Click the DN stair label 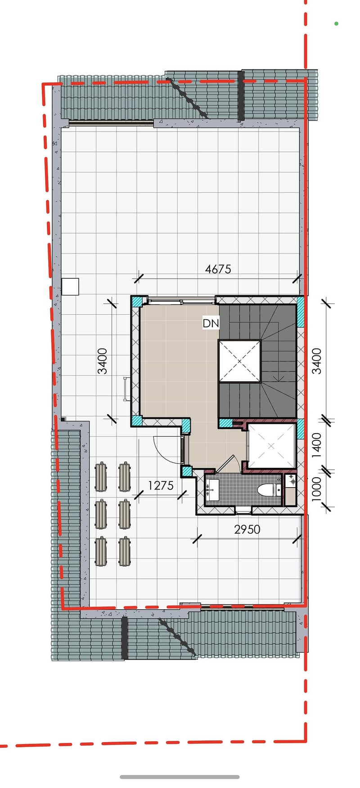[211, 323]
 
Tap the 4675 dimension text [218, 269]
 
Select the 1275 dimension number [161, 485]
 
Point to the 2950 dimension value [247, 529]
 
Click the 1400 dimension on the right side [317, 445]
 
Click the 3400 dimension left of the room [103, 361]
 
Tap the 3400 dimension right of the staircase [317, 361]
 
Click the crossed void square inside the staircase [239, 361]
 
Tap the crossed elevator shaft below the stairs [271, 446]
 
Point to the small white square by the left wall [70, 286]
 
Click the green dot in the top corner [336, 23]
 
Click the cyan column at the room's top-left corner [136, 301]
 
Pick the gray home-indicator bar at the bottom [180, 777]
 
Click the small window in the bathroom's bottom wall [243, 510]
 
